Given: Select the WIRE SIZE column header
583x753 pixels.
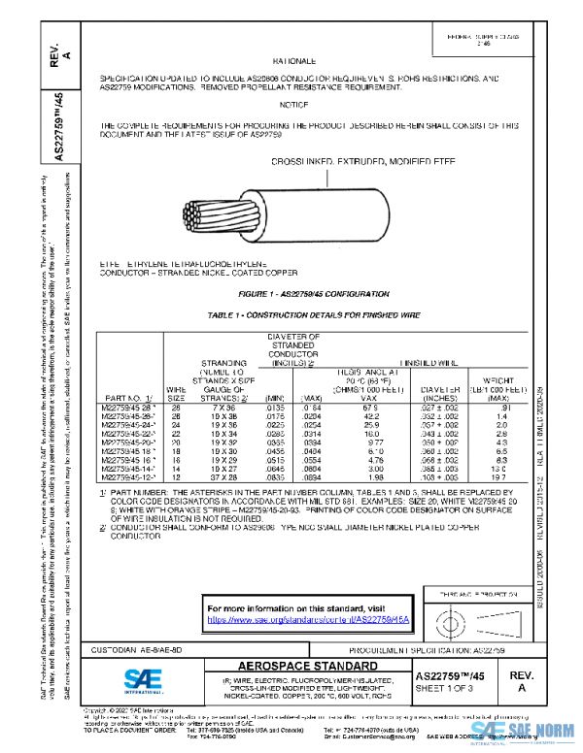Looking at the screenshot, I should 177,392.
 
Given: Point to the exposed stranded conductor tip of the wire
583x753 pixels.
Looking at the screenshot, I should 199,215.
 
